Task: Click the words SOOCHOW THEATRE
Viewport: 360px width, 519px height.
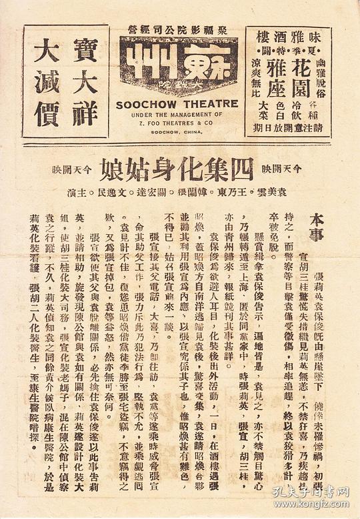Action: click(177, 104)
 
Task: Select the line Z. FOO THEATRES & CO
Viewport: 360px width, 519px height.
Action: click(177, 122)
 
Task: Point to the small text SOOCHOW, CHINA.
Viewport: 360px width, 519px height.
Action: click(177, 131)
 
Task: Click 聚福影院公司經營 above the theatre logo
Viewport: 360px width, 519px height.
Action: click(177, 27)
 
